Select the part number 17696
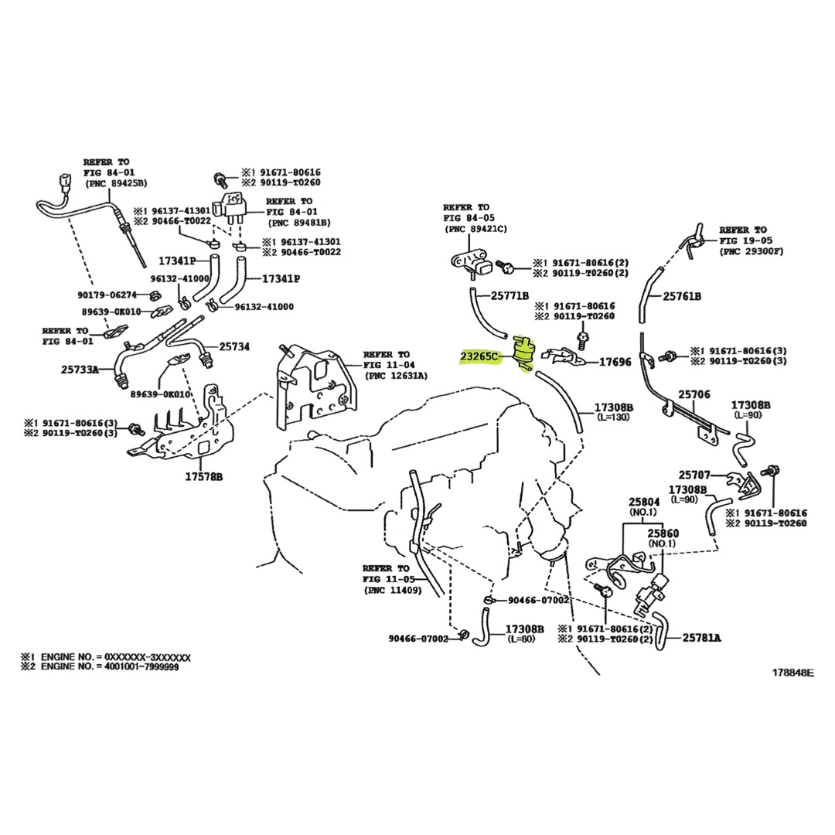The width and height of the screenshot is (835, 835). [x=615, y=362]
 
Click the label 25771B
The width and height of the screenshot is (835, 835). [x=510, y=295]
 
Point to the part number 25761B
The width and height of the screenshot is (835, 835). [x=681, y=296]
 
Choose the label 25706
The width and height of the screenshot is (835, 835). [x=694, y=394]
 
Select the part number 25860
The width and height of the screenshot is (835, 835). [x=663, y=533]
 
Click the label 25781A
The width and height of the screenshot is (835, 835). [x=701, y=638]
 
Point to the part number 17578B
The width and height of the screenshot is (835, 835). [x=203, y=477]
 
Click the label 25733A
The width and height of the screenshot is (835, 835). [x=80, y=370]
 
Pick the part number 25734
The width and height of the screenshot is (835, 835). [x=234, y=347]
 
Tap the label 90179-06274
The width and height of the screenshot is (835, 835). [x=107, y=295]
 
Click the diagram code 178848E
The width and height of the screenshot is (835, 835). [x=792, y=673]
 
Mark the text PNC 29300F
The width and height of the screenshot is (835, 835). [x=751, y=251]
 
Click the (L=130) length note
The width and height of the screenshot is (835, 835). [x=613, y=417]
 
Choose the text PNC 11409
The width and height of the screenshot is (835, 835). [x=394, y=590]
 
